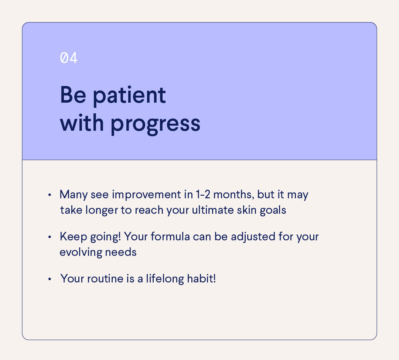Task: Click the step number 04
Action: pyautogui.click(x=69, y=58)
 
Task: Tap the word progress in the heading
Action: pyautogui.click(x=156, y=125)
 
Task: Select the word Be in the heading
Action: pyautogui.click(x=73, y=95)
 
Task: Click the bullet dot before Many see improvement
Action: pyautogui.click(x=49, y=195)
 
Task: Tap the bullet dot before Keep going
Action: pyautogui.click(x=49, y=237)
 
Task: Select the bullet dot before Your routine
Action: pyautogui.click(x=49, y=279)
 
